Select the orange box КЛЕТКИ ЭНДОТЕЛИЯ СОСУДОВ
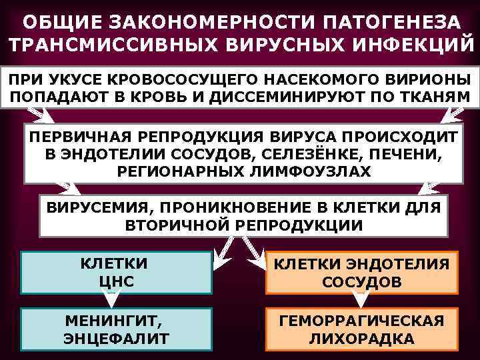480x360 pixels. click(361, 273)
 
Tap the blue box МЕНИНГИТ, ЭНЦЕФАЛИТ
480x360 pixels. click(117, 329)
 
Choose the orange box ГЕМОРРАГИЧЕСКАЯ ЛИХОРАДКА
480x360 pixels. click(361, 329)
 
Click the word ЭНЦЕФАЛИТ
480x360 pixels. click(117, 338)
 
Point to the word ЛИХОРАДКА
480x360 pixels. click(361, 339)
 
